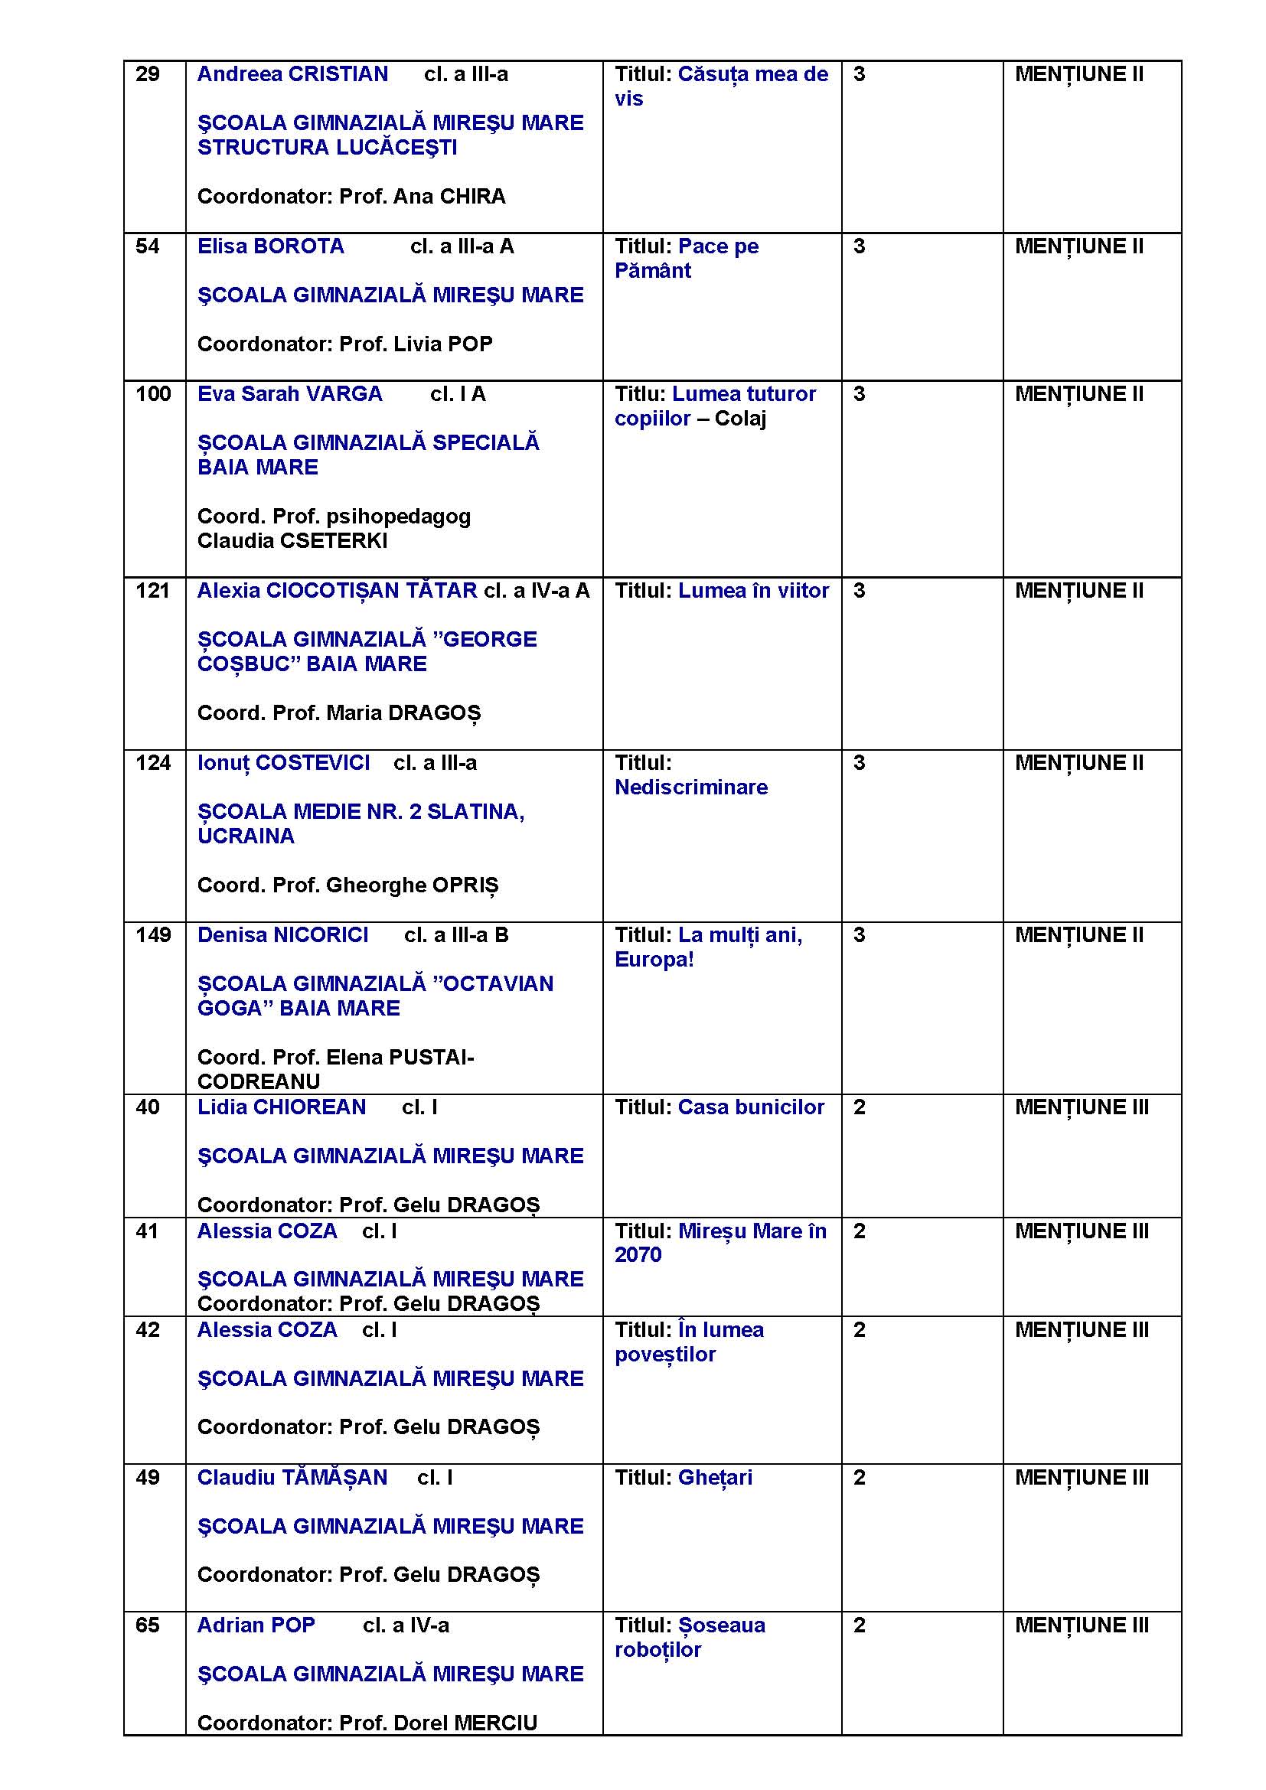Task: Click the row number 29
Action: point(147,75)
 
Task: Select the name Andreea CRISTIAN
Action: point(292,75)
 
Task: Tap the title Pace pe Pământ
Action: point(686,259)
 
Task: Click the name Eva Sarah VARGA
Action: point(289,394)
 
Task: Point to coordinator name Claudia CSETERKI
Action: point(292,541)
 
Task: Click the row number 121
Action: point(152,591)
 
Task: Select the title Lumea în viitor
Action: point(753,591)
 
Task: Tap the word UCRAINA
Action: point(246,836)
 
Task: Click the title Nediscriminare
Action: point(690,787)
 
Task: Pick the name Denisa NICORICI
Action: point(282,935)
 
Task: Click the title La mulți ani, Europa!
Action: point(708,947)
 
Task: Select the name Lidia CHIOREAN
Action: point(282,1108)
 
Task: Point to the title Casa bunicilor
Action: point(751,1108)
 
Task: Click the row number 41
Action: point(146,1232)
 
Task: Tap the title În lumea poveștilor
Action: point(688,1342)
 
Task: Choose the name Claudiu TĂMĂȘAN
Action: point(292,1479)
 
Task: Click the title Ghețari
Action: point(715,1479)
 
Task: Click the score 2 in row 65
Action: point(859,1625)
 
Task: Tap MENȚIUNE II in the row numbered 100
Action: point(1079,394)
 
